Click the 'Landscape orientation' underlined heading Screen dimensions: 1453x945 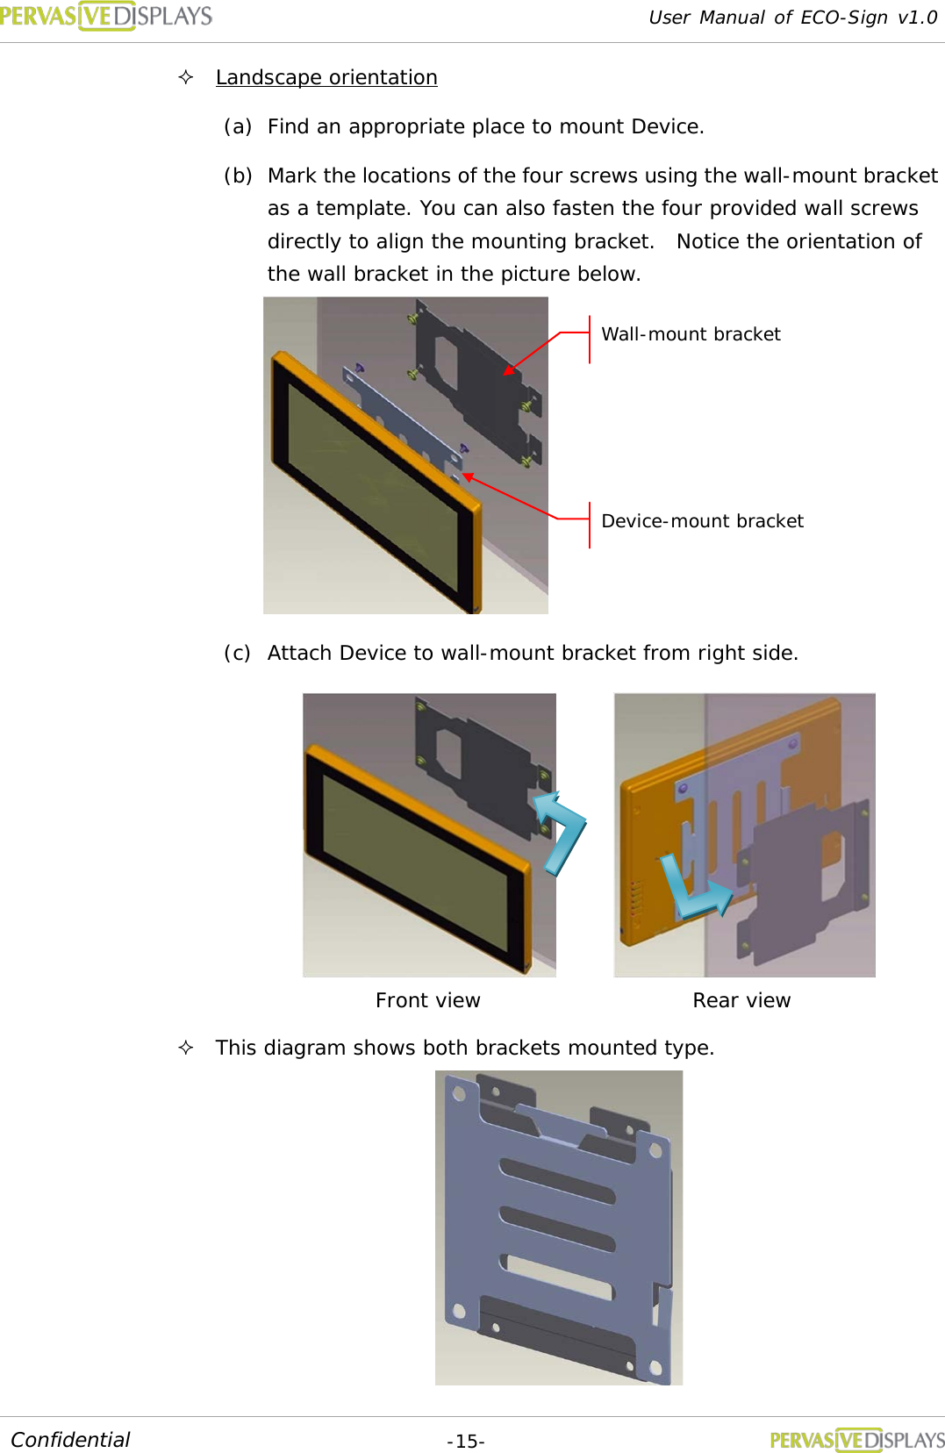(x=326, y=77)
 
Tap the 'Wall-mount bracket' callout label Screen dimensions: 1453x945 (x=691, y=334)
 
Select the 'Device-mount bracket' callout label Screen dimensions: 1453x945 (x=702, y=521)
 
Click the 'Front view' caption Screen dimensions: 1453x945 (x=427, y=1000)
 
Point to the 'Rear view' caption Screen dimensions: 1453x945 (x=741, y=1000)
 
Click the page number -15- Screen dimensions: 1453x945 (x=466, y=1442)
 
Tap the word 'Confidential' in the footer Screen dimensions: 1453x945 (x=70, y=1440)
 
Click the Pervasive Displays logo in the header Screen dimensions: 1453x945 (x=105, y=16)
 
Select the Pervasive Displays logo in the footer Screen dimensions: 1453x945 (x=856, y=1440)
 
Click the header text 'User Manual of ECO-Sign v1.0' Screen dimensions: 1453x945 (x=792, y=18)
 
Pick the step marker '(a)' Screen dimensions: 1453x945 (x=238, y=126)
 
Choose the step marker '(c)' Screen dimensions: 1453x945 (x=237, y=653)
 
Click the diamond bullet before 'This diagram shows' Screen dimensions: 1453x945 (x=186, y=1048)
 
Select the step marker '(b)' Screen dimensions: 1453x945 (x=238, y=175)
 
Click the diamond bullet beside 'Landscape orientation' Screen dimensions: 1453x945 (x=186, y=77)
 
